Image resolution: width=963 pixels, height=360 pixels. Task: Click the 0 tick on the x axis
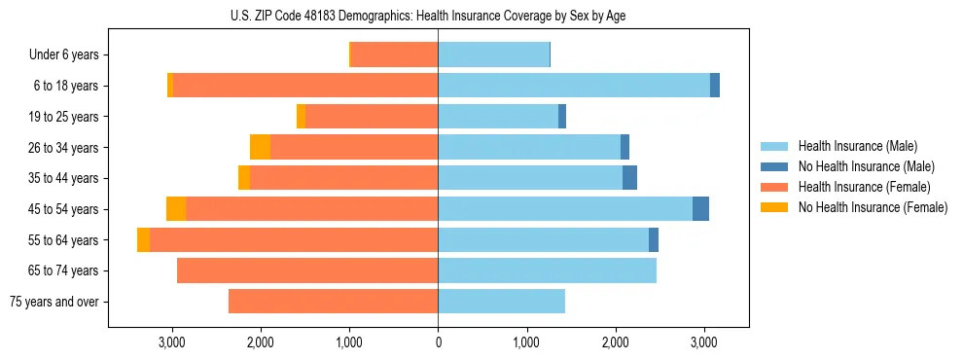click(x=438, y=342)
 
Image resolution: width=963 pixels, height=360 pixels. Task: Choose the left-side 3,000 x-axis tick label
click(x=172, y=342)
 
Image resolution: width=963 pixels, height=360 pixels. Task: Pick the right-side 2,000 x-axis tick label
click(x=615, y=342)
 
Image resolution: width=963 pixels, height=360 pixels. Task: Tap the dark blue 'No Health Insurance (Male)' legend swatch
click(x=774, y=166)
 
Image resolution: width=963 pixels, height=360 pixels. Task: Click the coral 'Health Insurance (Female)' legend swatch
click(x=774, y=187)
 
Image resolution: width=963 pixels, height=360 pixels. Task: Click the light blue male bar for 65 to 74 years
click(x=547, y=270)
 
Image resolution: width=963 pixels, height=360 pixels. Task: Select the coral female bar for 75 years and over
click(x=333, y=302)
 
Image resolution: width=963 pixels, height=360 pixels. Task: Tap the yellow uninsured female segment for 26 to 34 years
click(x=260, y=147)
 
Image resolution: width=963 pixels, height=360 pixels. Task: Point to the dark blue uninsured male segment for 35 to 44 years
click(x=629, y=178)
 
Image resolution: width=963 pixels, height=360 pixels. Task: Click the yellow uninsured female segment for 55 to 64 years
click(x=143, y=239)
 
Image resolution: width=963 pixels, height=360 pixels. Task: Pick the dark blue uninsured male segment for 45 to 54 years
click(x=700, y=209)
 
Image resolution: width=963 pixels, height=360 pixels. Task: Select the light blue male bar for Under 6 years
click(x=493, y=55)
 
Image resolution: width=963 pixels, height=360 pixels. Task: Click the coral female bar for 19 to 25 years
click(x=371, y=117)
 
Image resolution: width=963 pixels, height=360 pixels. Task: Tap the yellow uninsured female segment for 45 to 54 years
click(x=176, y=209)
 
